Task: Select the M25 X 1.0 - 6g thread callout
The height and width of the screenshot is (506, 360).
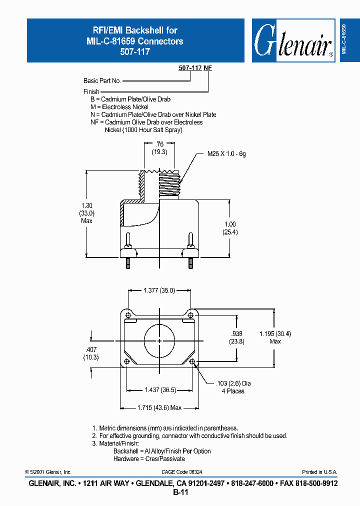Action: [x=226, y=154]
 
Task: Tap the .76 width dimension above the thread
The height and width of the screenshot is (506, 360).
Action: [x=159, y=147]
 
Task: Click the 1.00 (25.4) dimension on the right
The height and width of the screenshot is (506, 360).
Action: [x=229, y=228]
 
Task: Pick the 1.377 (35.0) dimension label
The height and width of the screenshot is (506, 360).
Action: [x=159, y=289]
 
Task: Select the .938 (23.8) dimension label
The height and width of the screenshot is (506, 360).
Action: [x=237, y=338]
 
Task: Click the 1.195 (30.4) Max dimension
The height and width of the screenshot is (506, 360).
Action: [x=274, y=337]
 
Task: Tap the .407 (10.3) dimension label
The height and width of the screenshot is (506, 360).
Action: [x=91, y=353]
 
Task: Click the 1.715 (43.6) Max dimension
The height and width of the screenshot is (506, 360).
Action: [x=159, y=408]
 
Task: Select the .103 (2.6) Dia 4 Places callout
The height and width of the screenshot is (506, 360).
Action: [x=233, y=387]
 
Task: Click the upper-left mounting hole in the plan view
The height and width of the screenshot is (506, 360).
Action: [x=128, y=314]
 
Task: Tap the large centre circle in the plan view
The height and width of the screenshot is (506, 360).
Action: [x=159, y=341]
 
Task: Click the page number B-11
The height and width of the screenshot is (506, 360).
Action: [x=180, y=492]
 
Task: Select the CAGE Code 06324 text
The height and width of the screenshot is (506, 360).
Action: [x=181, y=472]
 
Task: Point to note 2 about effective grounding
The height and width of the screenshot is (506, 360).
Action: [x=190, y=436]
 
